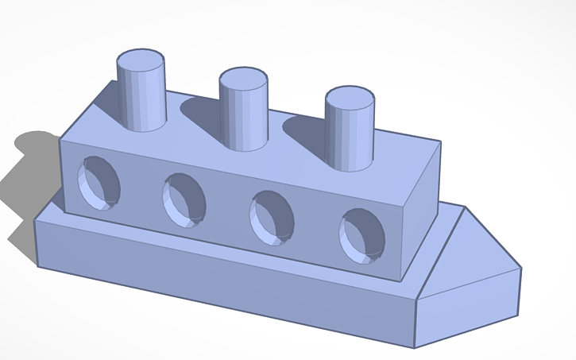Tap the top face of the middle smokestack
(x=243, y=79)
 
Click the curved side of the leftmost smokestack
(x=141, y=99)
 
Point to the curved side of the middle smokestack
(x=243, y=119)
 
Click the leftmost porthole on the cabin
(x=99, y=183)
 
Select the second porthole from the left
(x=184, y=201)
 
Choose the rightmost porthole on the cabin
(x=362, y=235)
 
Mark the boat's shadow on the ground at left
(x=28, y=175)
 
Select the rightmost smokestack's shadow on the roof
(x=306, y=131)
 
